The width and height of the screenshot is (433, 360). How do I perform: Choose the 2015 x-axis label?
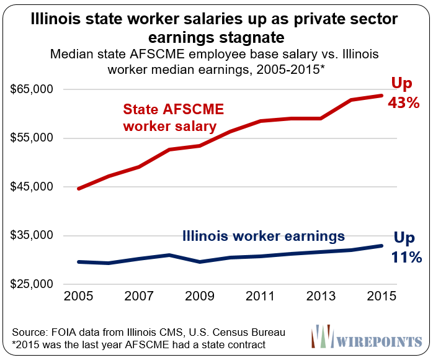pos(380,297)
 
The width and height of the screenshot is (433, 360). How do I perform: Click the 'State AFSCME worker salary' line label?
pos(173,118)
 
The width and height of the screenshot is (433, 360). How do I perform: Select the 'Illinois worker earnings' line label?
pos(263,236)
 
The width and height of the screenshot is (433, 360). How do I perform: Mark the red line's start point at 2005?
pos(78,188)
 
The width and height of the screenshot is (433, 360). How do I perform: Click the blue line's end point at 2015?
pos(381,246)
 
